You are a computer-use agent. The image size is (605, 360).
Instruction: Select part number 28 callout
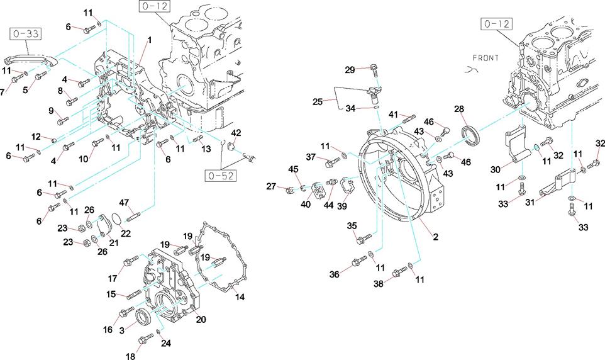coord(459,110)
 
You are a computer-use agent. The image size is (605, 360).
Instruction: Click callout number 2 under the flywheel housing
coord(435,237)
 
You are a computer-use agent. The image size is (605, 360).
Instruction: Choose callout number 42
coord(236,133)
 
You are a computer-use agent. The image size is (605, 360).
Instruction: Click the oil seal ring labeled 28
coord(469,137)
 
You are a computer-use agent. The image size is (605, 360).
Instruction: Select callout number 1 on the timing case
coord(149,40)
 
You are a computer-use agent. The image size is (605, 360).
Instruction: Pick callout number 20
coord(201,319)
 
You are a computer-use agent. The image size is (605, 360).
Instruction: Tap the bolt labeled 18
coord(145,340)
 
